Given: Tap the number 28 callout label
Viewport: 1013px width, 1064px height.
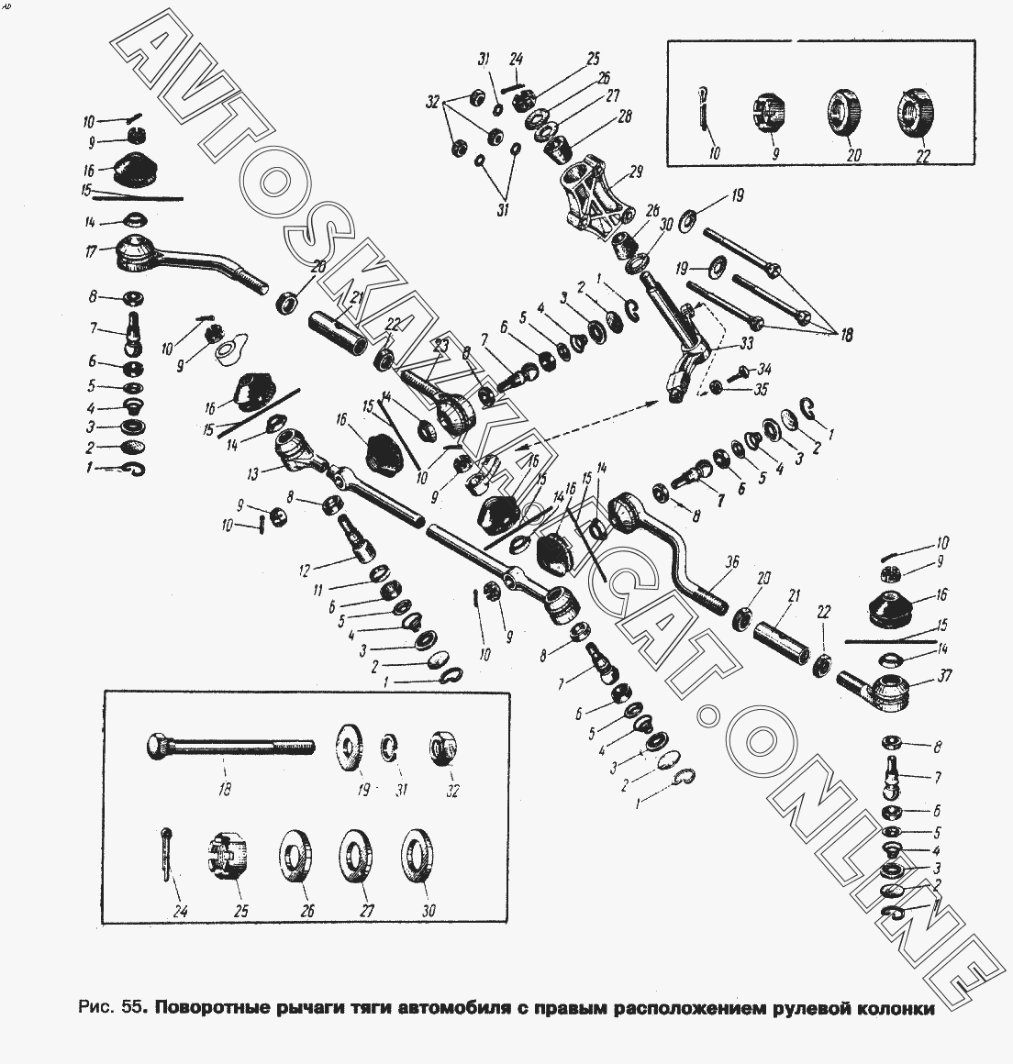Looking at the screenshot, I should [625, 116].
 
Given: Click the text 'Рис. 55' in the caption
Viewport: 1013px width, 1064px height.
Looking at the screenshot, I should [108, 1009].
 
